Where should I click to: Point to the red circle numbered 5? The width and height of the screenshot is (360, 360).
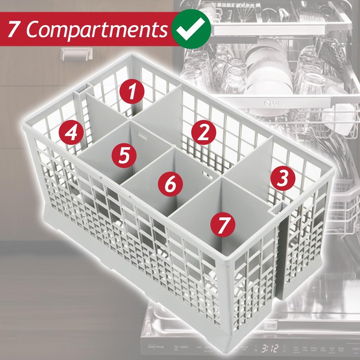click(x=125, y=154)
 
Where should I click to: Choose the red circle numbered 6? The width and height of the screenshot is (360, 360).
click(x=170, y=184)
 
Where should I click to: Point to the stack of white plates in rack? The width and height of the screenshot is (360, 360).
click(x=265, y=67)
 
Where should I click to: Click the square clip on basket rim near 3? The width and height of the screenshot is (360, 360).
click(x=275, y=207)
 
